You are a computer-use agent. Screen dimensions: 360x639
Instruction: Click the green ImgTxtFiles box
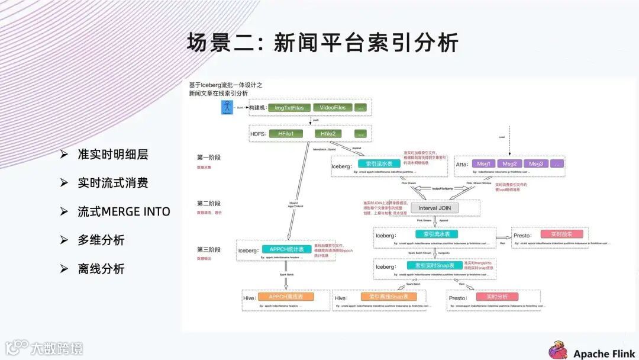[x=289, y=108]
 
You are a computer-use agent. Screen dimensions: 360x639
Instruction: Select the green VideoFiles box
[x=333, y=108]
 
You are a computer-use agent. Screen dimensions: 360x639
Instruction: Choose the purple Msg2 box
[x=509, y=163]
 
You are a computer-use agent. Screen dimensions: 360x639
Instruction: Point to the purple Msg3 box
[x=536, y=163]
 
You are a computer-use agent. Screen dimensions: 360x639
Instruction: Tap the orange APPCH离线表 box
[x=286, y=297]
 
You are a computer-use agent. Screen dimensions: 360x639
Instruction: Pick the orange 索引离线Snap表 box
[x=389, y=297]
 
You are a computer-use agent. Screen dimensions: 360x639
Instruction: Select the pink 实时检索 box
[x=554, y=234]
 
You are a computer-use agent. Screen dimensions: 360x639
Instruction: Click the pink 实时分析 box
[x=497, y=297]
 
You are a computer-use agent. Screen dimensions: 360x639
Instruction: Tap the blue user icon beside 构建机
[x=227, y=108]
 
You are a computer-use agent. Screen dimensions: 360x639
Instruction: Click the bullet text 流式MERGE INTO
[x=124, y=211]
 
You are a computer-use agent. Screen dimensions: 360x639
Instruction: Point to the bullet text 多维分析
[x=101, y=240]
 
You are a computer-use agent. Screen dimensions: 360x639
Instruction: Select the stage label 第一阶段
[x=209, y=157]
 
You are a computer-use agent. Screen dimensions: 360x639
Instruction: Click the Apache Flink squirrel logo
[x=558, y=350]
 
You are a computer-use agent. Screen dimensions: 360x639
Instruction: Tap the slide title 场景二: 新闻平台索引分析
[x=323, y=43]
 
